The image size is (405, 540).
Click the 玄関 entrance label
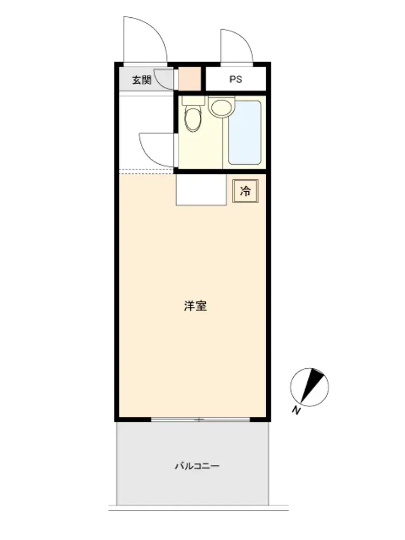click(x=141, y=80)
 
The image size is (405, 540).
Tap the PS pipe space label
click(x=236, y=79)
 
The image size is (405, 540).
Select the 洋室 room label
click(x=195, y=306)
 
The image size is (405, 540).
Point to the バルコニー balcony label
click(x=197, y=466)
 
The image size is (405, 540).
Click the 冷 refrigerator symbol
click(x=245, y=191)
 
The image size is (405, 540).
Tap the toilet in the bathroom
click(x=193, y=118)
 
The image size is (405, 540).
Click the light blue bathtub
click(x=245, y=133)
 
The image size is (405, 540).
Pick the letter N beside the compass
click(x=296, y=410)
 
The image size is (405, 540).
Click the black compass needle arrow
click(x=313, y=386)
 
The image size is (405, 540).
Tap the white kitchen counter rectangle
click(x=201, y=190)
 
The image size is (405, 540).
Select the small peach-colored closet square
click(x=190, y=79)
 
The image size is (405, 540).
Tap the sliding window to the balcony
click(x=200, y=420)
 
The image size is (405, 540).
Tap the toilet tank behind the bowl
click(x=193, y=100)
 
